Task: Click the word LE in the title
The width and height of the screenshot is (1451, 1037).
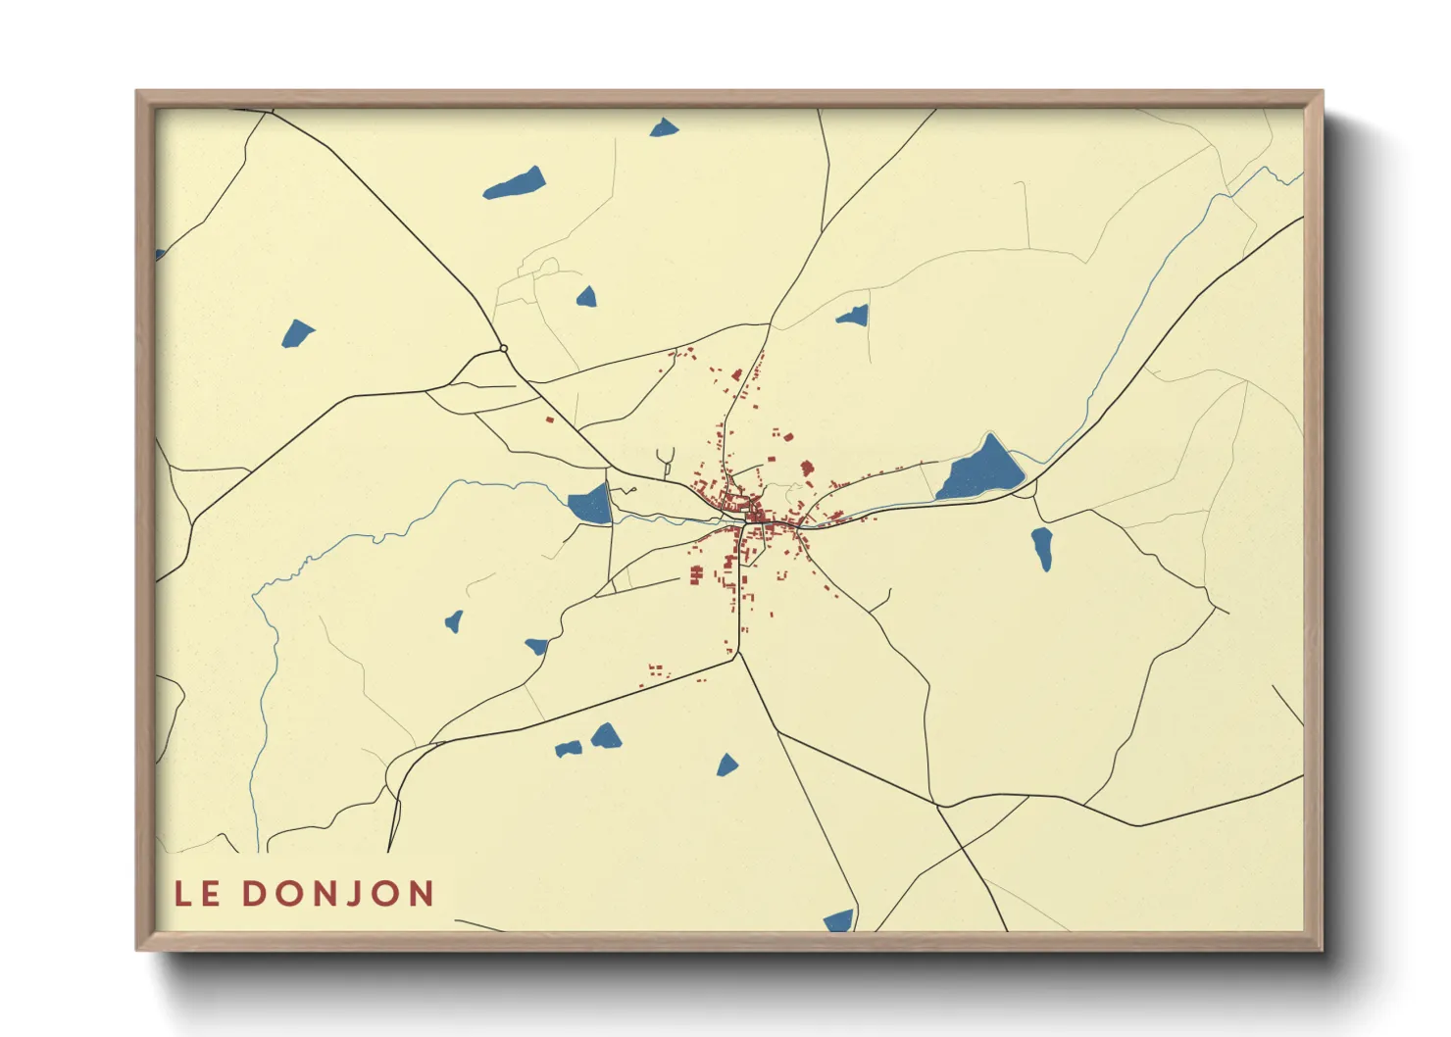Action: pos(197,894)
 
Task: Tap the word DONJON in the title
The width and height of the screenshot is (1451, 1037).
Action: pos(337,894)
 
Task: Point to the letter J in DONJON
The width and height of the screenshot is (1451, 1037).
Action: pos(354,894)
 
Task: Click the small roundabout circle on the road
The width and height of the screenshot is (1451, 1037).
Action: pos(503,348)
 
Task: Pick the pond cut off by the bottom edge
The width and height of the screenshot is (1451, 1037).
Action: pos(839,920)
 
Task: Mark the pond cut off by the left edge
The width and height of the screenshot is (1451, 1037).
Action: pos(160,255)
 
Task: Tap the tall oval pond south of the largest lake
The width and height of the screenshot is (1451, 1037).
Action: pos(1042,549)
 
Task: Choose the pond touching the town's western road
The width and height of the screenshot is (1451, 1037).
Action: pos(590,505)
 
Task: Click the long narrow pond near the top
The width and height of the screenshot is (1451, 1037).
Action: pos(515,184)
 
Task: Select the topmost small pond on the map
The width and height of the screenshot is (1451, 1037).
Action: pos(665,127)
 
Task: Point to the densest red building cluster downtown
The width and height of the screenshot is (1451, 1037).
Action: pos(755,515)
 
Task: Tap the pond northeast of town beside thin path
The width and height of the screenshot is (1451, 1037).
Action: pos(853,316)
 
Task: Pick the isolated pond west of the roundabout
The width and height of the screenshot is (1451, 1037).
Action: pos(297,333)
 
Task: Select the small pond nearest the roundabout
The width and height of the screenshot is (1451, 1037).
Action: pos(586,296)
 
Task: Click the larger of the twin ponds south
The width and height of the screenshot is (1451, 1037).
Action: pos(605,736)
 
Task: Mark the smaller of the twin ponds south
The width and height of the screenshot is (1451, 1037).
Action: pos(568,750)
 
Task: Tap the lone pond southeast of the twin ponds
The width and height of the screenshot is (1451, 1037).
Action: pos(726,765)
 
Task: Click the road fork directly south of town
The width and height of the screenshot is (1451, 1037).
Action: pos(738,654)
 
